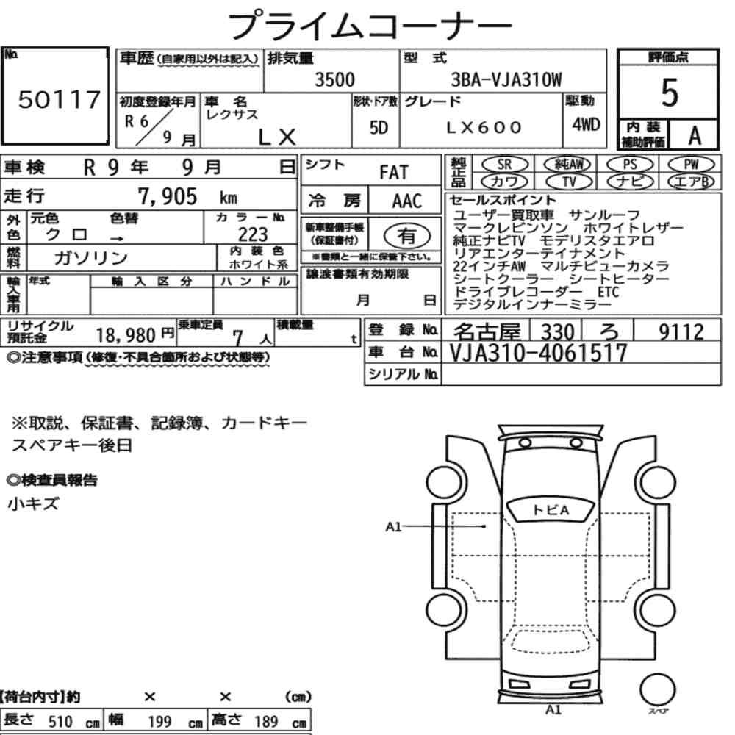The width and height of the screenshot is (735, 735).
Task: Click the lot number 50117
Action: [x=59, y=99]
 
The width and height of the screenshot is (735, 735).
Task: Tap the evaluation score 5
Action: [x=669, y=93]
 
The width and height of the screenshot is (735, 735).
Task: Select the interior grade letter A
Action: [x=695, y=135]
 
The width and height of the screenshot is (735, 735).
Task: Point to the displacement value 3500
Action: [x=334, y=79]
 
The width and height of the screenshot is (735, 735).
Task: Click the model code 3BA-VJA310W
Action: [x=506, y=79]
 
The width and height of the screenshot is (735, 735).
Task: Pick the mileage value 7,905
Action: [x=168, y=196]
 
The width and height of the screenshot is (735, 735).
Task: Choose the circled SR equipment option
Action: [x=504, y=164]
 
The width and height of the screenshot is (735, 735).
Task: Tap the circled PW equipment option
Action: [x=691, y=164]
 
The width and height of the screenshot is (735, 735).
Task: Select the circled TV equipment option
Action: [x=569, y=182]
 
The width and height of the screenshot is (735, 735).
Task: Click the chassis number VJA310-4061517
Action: [x=538, y=353]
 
